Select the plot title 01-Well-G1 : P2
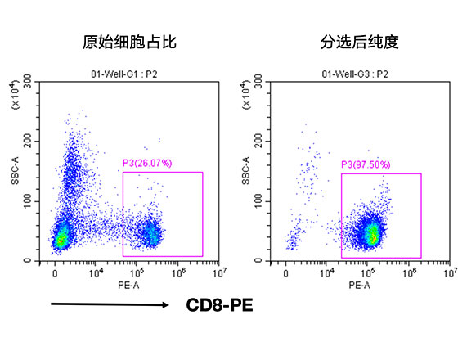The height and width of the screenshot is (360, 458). coord(130,74)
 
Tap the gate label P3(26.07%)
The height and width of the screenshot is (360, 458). coord(147,164)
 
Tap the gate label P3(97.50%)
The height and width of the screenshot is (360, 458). coord(366,165)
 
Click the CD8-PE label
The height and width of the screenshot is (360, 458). coord(219,306)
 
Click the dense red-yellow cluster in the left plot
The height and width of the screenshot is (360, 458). coord(60,240)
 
